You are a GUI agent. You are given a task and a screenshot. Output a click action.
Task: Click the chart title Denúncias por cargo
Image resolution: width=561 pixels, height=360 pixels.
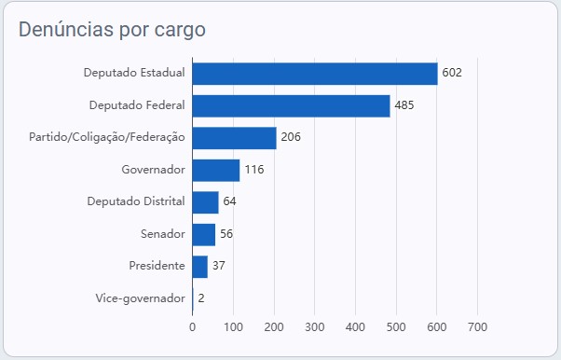coord(112,30)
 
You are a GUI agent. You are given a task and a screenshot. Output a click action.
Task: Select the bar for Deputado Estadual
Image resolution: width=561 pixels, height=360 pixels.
coord(315,74)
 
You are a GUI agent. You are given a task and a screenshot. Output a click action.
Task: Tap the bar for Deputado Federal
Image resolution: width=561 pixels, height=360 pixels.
coord(292,106)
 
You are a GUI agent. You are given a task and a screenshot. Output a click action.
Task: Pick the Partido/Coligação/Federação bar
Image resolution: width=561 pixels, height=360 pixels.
coord(234,138)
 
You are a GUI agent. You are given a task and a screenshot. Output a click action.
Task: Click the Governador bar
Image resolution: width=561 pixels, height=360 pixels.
coord(216,170)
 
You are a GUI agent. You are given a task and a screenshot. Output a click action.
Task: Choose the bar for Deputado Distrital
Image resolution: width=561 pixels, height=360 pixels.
coord(205,202)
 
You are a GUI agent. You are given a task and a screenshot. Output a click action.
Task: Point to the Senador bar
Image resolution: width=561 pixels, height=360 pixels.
coord(204,235)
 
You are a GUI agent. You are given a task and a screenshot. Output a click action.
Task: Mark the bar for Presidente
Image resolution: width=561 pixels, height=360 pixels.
coord(200,267)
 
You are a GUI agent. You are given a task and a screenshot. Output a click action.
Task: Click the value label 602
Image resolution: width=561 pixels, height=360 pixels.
coord(452,73)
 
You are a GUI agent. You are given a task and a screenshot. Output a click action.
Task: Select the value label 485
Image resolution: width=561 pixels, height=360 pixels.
coord(404,105)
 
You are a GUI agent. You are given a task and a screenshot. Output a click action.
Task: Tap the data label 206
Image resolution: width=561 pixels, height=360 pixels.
coord(291,137)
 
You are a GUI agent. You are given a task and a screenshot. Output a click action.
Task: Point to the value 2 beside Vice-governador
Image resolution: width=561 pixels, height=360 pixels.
coord(201,298)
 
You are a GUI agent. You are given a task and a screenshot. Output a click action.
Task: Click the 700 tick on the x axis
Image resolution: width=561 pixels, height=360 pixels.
coord(478,327)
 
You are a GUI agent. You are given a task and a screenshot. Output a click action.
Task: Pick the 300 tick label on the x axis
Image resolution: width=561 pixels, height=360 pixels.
coord(315,327)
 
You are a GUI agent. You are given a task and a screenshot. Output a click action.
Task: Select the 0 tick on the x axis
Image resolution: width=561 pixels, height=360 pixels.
coord(193,327)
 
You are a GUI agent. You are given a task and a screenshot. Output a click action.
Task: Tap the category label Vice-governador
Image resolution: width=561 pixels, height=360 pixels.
coord(140,298)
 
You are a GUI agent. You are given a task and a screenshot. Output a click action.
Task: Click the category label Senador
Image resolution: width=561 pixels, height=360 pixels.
coord(163,234)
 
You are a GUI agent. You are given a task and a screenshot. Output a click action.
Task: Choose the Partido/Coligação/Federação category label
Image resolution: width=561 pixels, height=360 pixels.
coord(107,137)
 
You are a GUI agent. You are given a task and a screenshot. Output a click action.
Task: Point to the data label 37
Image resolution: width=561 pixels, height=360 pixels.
coord(219,266)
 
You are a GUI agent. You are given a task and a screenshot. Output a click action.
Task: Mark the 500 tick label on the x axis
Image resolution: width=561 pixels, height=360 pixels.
coord(396,327)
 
